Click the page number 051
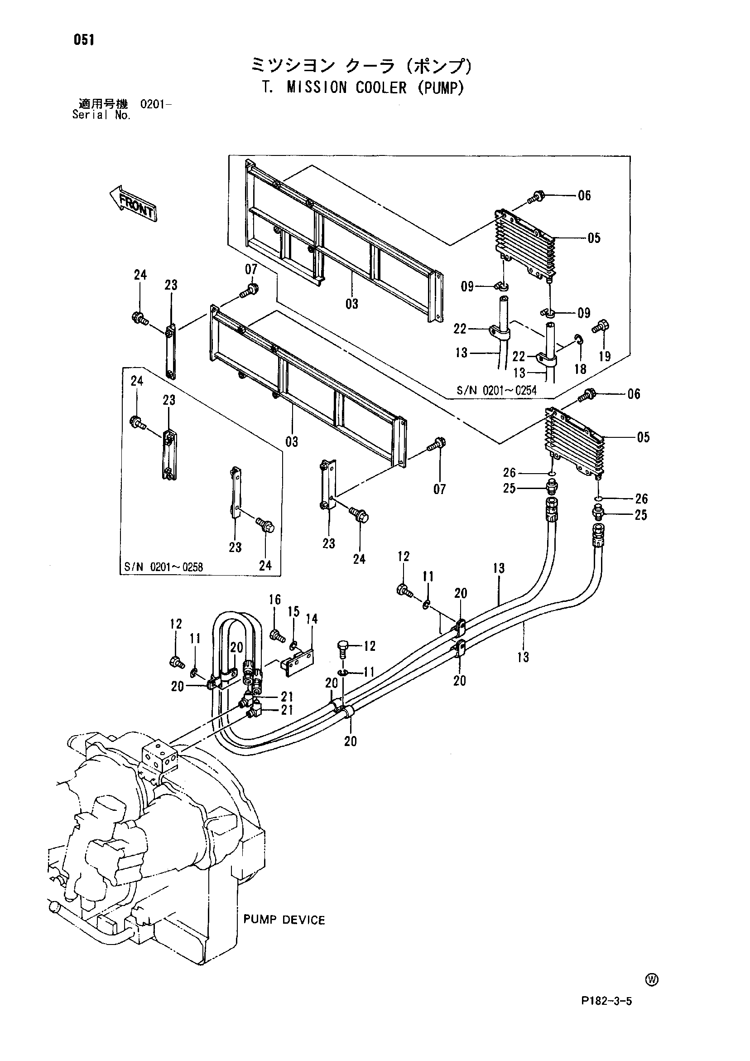84,40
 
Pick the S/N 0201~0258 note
163,567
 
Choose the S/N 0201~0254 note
496,391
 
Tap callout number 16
275,600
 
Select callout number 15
294,611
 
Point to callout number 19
605,356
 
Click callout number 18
580,369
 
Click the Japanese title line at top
362,66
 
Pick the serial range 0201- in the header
156,103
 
